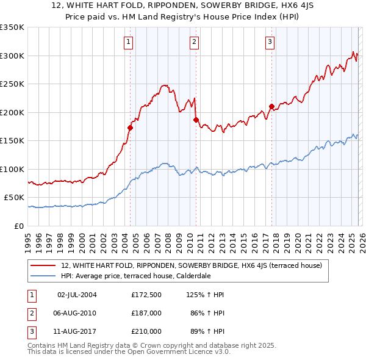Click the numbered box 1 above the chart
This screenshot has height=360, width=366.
point(129,42)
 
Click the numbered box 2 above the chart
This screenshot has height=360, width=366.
point(194,42)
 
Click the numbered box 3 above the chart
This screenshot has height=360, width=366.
point(270,42)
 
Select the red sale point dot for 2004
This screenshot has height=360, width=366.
point(130,128)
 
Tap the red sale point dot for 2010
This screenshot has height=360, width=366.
point(196,120)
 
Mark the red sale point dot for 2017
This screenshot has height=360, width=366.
point(271,106)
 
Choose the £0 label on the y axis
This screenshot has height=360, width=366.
point(18,226)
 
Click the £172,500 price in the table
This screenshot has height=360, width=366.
point(146,295)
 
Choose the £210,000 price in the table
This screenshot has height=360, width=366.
point(146,331)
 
